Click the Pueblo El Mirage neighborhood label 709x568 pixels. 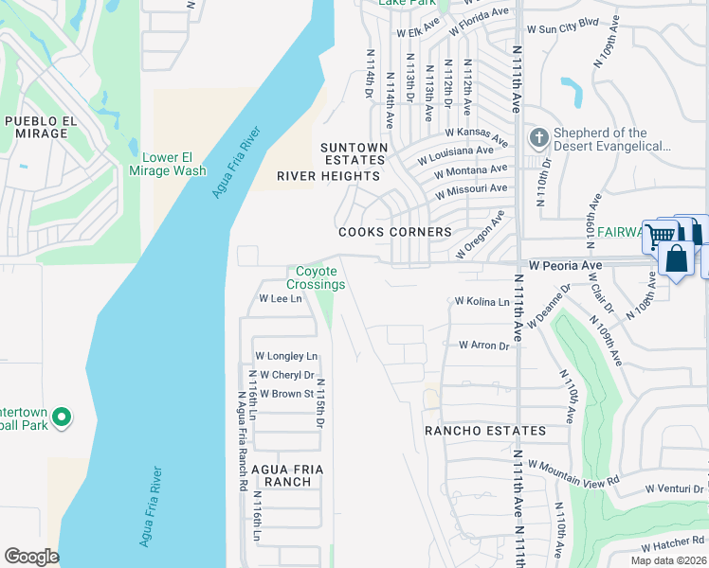36,127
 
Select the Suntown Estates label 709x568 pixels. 354,154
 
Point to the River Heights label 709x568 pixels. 328,176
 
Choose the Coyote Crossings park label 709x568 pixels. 316,278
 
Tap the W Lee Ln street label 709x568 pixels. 281,298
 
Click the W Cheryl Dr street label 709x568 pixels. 283,375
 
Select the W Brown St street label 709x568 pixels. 286,394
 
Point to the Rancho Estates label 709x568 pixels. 484,431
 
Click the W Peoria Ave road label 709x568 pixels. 566,265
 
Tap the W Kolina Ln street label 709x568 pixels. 482,301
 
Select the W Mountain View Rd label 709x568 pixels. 573,472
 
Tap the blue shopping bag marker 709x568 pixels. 677,257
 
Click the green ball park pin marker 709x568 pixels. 62,417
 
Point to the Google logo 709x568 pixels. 31,557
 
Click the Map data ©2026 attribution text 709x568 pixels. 668,560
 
